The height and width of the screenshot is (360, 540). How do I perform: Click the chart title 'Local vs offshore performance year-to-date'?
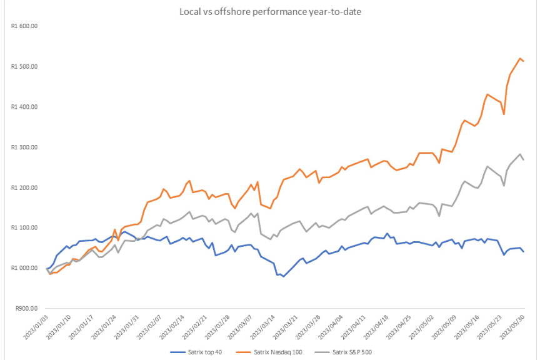[270, 12]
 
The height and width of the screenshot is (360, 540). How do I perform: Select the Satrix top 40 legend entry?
[196, 352]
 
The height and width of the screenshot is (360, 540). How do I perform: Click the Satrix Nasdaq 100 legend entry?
[269, 352]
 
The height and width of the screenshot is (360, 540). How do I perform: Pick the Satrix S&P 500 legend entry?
[343, 352]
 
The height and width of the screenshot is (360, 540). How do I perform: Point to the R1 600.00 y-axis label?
[24, 26]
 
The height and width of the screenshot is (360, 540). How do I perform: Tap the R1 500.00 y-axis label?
[24, 66]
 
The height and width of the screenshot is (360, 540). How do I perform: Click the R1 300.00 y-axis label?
[24, 147]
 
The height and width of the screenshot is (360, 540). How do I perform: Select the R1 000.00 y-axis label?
[24, 268]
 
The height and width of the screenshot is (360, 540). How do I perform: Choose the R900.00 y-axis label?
[26, 308]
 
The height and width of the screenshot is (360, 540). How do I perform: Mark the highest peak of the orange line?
[520, 58]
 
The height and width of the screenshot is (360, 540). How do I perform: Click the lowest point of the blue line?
[283, 276]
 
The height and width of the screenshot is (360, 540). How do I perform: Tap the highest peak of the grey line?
[520, 154]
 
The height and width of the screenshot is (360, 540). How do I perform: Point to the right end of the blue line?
[524, 251]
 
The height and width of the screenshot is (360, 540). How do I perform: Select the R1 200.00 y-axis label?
[24, 187]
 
